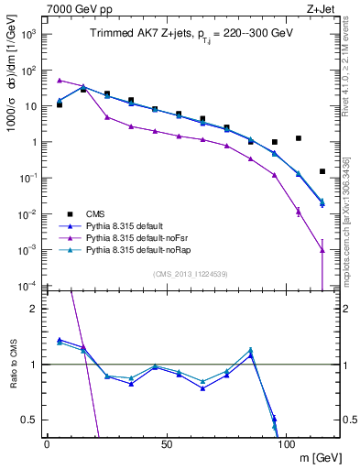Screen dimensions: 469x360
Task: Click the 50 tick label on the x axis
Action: click(x=166, y=443)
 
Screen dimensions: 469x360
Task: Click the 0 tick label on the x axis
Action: click(x=47, y=443)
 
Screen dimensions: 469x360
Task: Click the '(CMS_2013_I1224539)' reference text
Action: click(x=190, y=273)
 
